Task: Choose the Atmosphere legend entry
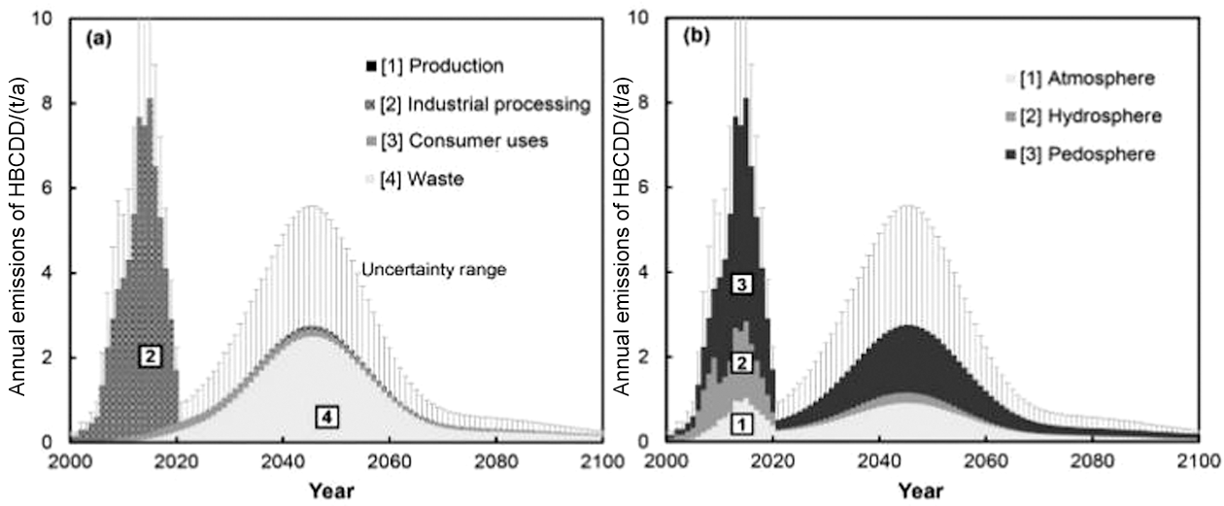click(x=1059, y=76)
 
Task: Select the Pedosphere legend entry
click(x=1059, y=154)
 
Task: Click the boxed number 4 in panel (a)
click(x=328, y=417)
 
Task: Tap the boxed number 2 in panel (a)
click(x=150, y=356)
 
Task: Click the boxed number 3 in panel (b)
click(x=741, y=285)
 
